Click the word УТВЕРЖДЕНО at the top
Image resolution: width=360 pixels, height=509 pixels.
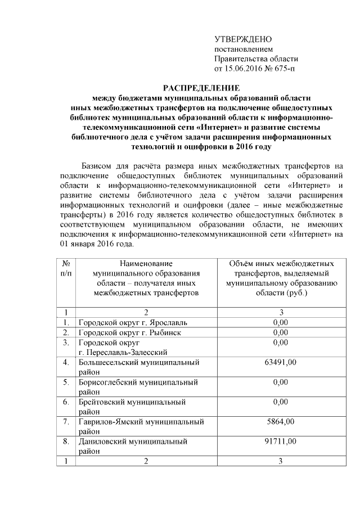pyautogui.click(x=243, y=39)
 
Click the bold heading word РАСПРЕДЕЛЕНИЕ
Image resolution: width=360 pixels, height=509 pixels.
pyautogui.click(x=201, y=88)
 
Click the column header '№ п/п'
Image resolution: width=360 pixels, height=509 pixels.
pyautogui.click(x=67, y=268)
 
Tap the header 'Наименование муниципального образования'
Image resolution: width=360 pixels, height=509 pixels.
pyautogui.click(x=146, y=268)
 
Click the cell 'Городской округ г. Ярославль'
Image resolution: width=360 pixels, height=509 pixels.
pyautogui.click(x=129, y=322)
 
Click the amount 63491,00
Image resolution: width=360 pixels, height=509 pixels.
pyautogui.click(x=281, y=362)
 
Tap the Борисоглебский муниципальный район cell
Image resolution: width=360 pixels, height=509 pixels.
pyautogui.click(x=138, y=387)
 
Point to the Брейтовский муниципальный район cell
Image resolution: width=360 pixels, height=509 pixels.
pyautogui.click(x=132, y=407)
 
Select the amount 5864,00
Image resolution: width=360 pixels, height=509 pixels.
pyautogui.click(x=281, y=421)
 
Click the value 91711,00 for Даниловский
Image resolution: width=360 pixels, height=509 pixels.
pyautogui.click(x=281, y=441)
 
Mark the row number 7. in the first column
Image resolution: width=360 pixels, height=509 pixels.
pyautogui.click(x=67, y=421)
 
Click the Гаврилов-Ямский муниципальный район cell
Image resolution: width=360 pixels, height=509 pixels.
pyautogui.click(x=141, y=426)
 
